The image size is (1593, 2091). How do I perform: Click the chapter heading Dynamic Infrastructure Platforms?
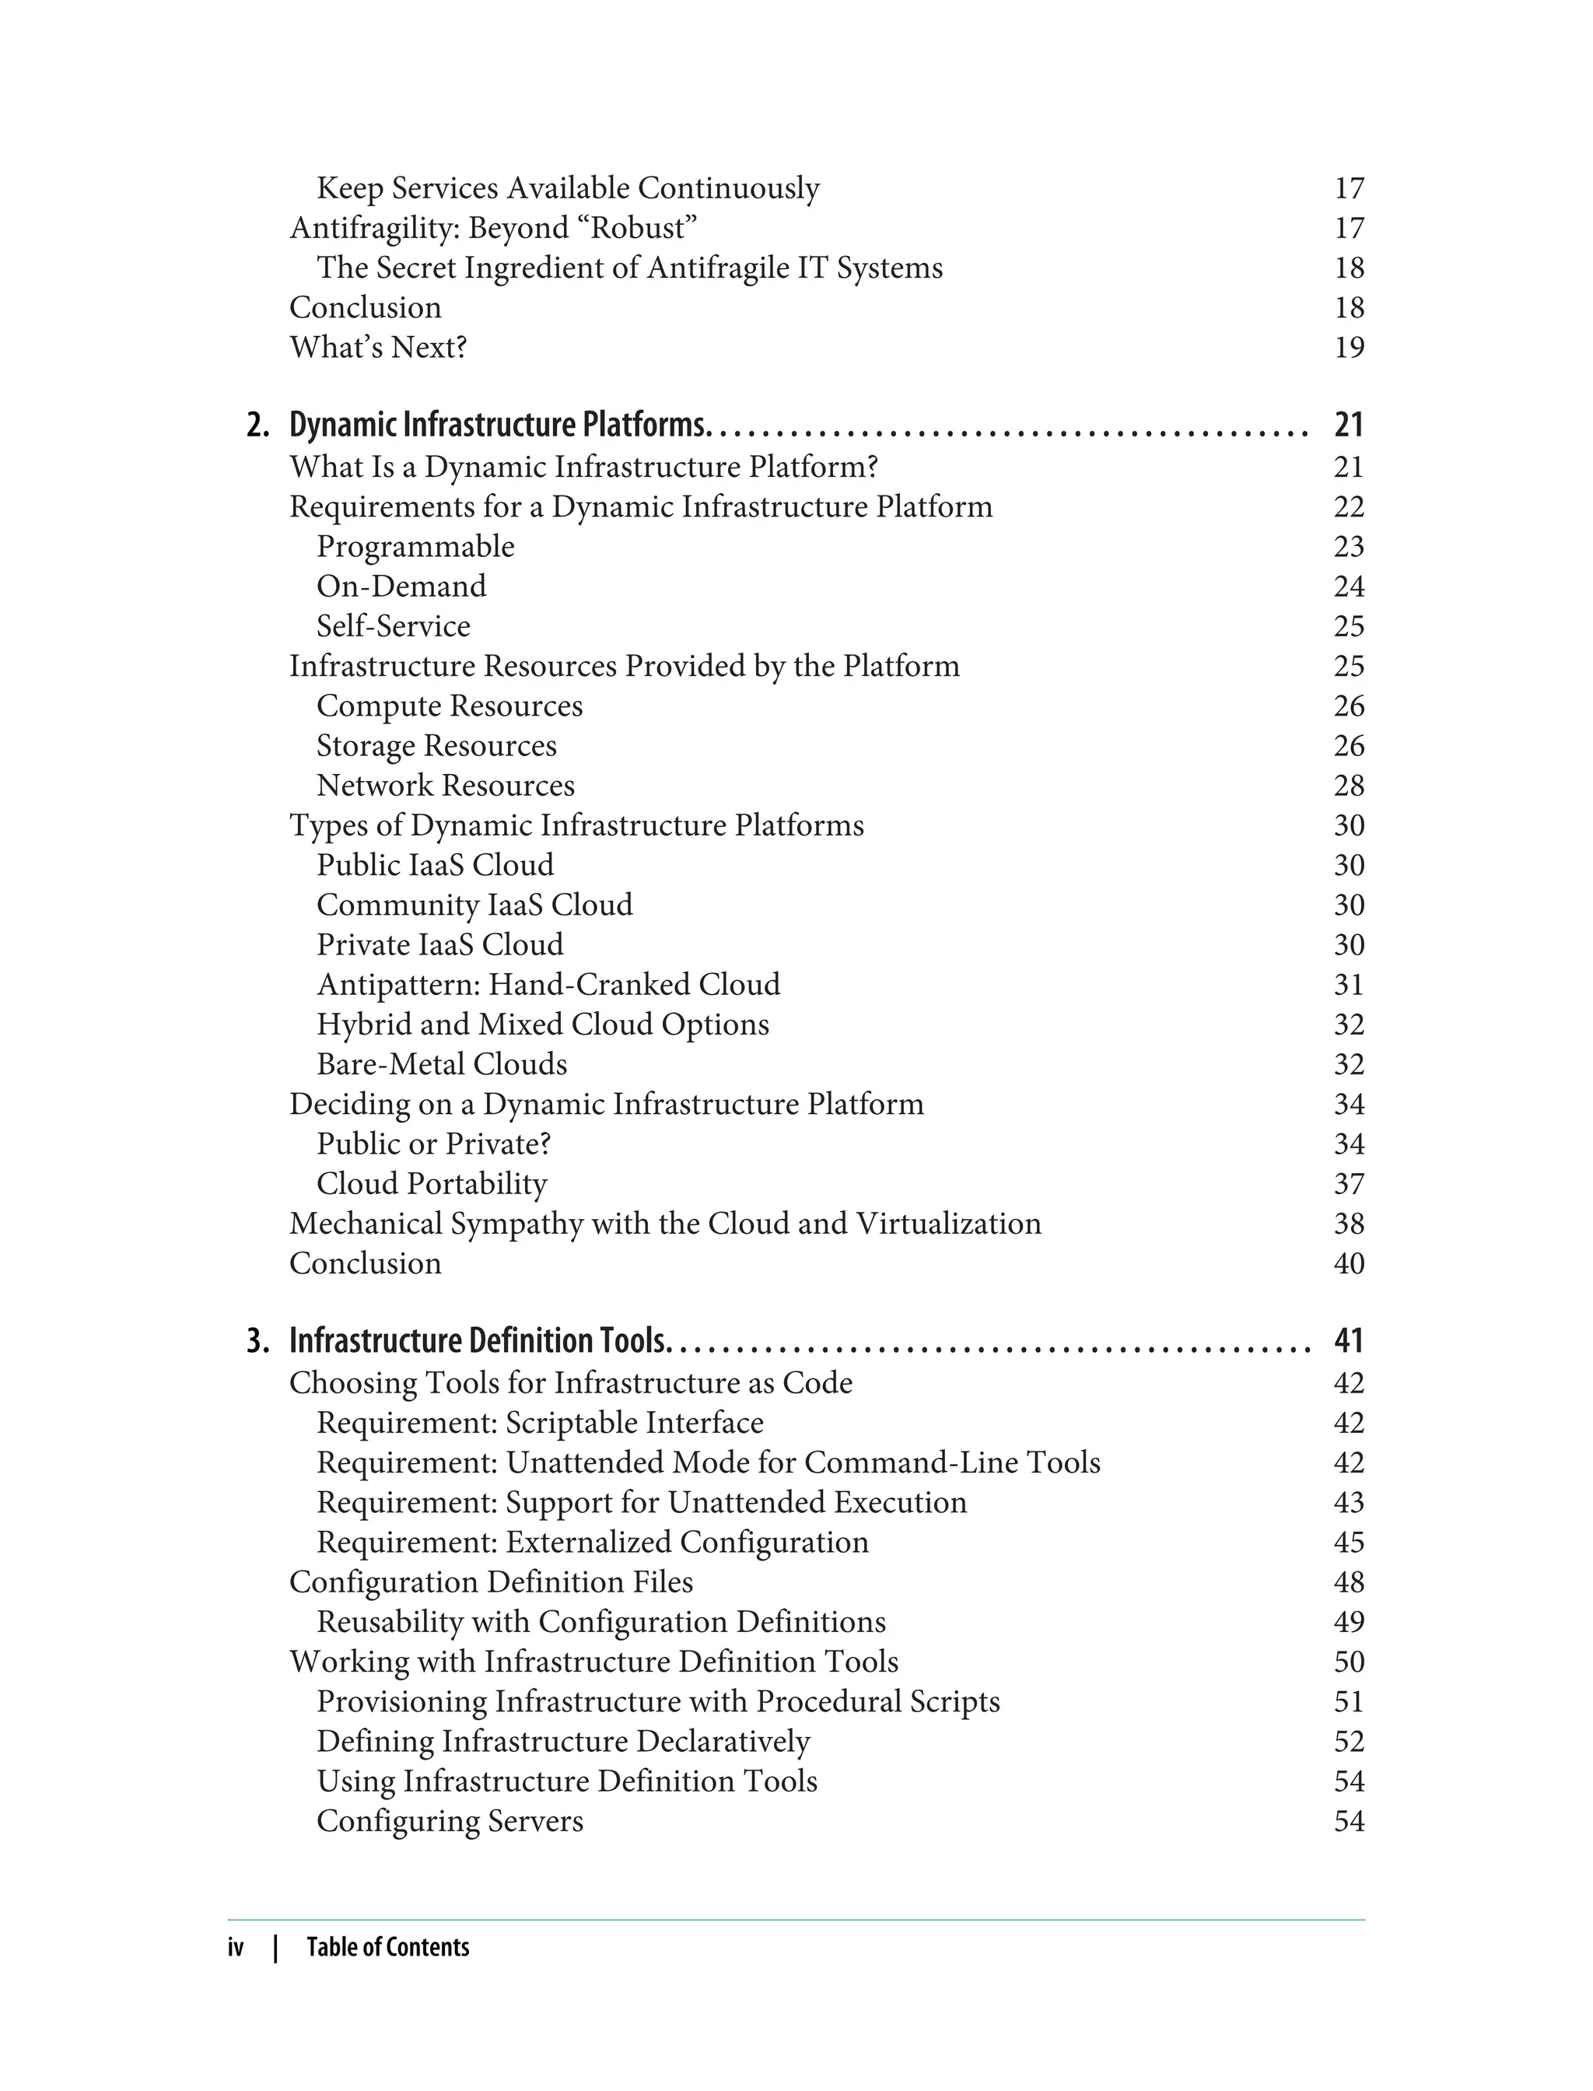tap(498, 425)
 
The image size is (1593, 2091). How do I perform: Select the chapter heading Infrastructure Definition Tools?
tap(479, 1341)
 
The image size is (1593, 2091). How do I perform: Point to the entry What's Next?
tap(377, 347)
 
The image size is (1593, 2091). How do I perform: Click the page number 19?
tap(1348, 347)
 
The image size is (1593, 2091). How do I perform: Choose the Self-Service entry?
tap(393, 626)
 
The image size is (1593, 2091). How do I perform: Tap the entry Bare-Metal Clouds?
tap(441, 1064)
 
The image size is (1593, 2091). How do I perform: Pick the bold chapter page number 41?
tap(1348, 1341)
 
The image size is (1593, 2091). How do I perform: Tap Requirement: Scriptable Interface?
tap(540, 1423)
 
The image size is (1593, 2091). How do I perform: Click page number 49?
tap(1348, 1622)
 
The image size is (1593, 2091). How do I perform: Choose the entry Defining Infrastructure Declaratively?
tap(563, 1741)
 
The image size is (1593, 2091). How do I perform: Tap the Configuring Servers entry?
tap(450, 1821)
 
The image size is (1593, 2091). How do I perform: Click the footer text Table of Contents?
tap(388, 1948)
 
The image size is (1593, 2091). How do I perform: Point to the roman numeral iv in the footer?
tap(235, 1948)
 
